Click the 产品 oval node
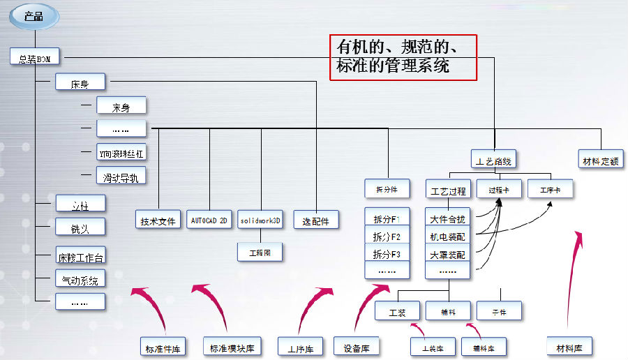tap(33, 16)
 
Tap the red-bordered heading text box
tap(403, 57)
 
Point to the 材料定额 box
tap(600, 160)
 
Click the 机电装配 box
tap(448, 237)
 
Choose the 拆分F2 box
tap(387, 236)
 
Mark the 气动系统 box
tap(80, 280)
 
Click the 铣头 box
tap(80, 227)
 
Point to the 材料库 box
tap(569, 346)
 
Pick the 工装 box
tap(397, 311)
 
